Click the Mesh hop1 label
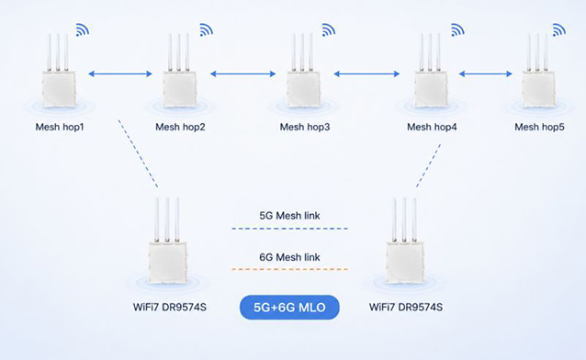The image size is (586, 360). [60, 127]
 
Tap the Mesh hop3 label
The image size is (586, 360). [305, 127]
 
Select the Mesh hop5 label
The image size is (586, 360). [539, 127]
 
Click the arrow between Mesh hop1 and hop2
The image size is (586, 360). [120, 73]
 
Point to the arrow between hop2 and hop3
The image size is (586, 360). [242, 73]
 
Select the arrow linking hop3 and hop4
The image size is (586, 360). [366, 73]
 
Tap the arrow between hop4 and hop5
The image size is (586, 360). [486, 73]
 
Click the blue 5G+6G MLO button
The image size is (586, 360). [289, 308]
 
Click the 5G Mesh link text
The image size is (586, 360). [289, 216]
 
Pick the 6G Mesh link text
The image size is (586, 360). [289, 257]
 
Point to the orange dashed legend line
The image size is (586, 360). [289, 269]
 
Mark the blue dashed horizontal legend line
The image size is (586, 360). [289, 229]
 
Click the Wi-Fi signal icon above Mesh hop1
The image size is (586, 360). [83, 30]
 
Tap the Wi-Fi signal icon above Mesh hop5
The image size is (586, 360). [558, 30]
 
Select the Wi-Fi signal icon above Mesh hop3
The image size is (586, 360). [328, 30]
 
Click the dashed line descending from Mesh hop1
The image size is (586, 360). [138, 153]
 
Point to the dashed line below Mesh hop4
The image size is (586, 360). [428, 165]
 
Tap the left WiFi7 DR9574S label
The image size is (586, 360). [170, 308]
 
